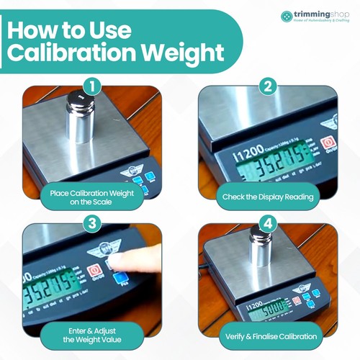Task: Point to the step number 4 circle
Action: point(268,224)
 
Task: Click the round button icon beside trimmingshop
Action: point(287,16)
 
